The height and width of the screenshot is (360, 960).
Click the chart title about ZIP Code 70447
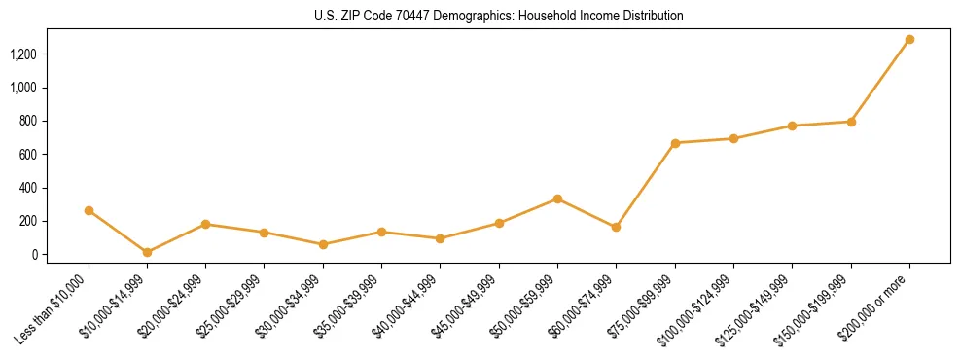pos(498,16)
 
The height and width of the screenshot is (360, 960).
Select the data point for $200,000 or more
pos(909,40)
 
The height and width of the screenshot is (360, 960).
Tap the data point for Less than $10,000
pos(89,210)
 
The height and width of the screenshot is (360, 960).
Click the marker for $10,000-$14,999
pos(147,252)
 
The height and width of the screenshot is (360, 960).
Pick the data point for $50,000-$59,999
pos(557,198)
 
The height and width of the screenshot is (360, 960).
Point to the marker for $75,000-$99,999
pos(675,143)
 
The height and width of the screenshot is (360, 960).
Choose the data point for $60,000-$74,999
pos(616,227)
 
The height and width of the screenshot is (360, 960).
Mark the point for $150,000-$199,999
pos(851,122)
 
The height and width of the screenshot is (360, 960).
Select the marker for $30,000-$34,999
pos(323,244)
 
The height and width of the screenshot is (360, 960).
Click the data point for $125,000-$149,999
pos(792,126)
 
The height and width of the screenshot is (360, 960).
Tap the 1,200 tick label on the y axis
pos(23,54)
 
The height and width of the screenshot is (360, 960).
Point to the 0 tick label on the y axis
pos(33,255)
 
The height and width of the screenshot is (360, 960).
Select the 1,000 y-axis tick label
pos(23,88)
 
